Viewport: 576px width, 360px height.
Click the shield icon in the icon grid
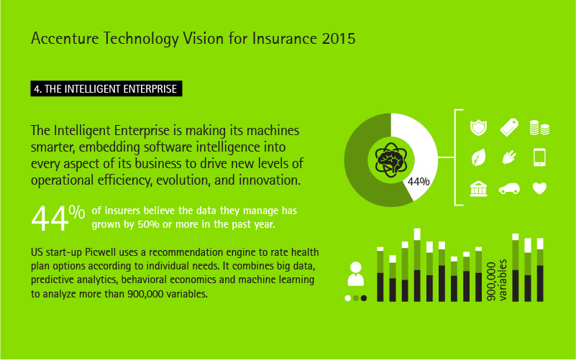[478, 128]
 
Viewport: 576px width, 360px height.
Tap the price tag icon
[509, 127]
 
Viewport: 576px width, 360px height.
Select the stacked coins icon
[539, 128]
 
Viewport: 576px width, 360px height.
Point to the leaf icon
[478, 157]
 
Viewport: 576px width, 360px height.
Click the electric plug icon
[509, 157]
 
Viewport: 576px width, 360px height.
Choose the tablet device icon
[539, 157]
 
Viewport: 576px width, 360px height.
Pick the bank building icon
[478, 188]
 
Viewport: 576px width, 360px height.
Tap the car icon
[509, 189]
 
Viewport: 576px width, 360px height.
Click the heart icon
[539, 188]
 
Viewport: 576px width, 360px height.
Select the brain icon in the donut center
[391, 160]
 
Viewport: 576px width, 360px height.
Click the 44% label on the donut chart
[419, 182]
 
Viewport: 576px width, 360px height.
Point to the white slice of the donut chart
[422, 147]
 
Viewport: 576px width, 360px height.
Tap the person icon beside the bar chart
[355, 274]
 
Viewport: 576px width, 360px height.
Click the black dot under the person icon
[364, 298]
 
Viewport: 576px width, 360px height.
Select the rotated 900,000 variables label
[496, 280]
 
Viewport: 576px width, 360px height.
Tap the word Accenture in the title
[65, 39]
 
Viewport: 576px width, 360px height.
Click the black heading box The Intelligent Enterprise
[106, 89]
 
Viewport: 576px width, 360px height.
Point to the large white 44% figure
[58, 217]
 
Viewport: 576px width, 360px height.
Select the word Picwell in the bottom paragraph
[100, 252]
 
